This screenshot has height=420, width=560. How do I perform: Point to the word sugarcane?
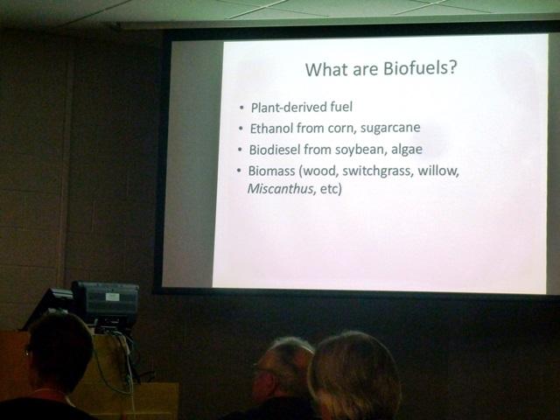coord(390,128)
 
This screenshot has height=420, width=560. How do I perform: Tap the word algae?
coord(407,150)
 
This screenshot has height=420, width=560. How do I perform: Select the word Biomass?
coord(271,171)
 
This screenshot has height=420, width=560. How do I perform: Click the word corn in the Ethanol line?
coord(342,129)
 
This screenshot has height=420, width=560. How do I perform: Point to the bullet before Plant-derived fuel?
coord(242,108)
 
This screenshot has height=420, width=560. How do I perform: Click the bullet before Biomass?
coord(239,171)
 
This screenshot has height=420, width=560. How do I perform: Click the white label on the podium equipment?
coord(113,297)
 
